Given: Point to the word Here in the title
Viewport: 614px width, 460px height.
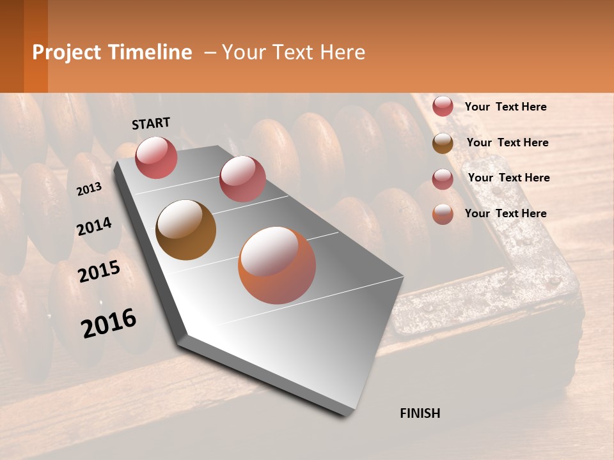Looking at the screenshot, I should coord(342,52).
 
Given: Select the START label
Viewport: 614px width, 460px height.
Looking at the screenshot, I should coord(151,123).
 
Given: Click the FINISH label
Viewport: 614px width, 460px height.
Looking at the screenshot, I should coord(420,413).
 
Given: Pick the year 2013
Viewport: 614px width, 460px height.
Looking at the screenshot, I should coord(89,188).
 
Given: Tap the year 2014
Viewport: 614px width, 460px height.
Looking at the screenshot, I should coord(94,226).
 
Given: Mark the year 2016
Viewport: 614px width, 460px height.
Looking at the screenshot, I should coord(109,323).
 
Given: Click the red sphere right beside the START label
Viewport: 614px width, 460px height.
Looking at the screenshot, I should coord(156,157).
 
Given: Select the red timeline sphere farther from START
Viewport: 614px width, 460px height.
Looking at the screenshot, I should coord(242,179).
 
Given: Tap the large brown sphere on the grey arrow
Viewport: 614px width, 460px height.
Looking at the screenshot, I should coord(185,230).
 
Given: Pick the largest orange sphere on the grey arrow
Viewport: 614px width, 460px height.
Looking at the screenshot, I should coord(277,265).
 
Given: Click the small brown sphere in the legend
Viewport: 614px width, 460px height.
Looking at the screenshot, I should coord(443,143).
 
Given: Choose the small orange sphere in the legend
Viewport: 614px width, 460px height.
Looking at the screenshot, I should coord(443,214).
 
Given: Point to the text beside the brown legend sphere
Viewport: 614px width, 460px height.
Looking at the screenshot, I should coord(507,142).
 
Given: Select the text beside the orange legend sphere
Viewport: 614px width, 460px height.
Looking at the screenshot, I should coord(505,213).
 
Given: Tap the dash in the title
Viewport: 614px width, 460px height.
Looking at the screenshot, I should coord(209,52).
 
